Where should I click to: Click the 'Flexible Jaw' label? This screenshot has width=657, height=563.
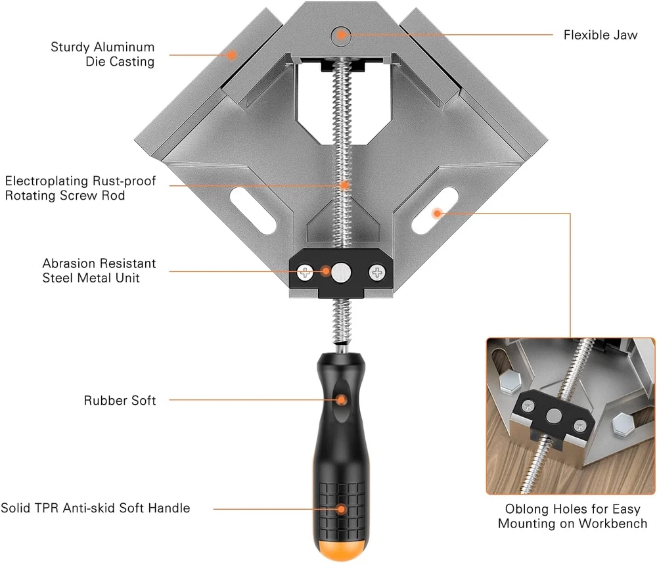click(x=600, y=35)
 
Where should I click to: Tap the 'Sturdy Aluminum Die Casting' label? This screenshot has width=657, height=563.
click(x=102, y=54)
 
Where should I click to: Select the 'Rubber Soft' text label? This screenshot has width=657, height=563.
click(x=120, y=401)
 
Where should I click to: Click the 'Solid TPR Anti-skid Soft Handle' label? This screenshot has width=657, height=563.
click(x=95, y=508)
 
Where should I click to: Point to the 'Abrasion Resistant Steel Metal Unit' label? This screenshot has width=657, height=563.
click(x=99, y=271)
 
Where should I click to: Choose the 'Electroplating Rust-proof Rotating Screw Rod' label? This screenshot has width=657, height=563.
click(x=80, y=188)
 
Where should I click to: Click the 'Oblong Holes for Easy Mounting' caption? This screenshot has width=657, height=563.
click(x=572, y=516)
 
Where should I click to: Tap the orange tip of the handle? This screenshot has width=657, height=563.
click(x=342, y=547)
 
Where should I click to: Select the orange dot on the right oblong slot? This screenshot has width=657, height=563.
click(x=437, y=214)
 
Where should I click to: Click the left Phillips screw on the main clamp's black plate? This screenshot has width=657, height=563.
click(x=305, y=273)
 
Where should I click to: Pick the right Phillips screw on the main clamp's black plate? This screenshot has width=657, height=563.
click(x=377, y=273)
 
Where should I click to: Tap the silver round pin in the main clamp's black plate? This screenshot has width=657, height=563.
click(x=342, y=273)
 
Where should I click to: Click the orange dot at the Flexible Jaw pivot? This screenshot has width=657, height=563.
click(x=342, y=34)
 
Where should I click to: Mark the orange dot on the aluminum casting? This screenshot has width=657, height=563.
click(x=231, y=55)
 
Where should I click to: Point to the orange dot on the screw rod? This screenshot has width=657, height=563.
click(x=344, y=185)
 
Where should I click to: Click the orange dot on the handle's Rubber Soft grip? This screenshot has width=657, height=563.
click(x=342, y=400)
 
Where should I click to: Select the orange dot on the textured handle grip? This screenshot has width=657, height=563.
click(x=342, y=509)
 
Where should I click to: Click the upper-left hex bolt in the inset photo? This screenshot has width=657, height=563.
click(x=510, y=381)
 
